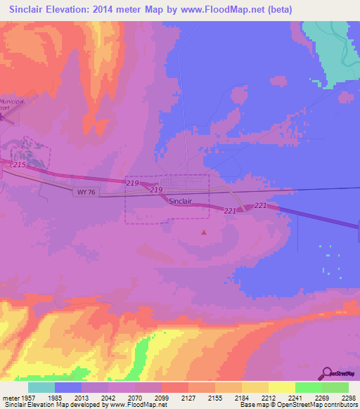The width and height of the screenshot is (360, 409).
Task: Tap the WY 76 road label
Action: tap(83, 191)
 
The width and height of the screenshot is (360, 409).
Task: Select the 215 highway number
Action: tap(19, 164)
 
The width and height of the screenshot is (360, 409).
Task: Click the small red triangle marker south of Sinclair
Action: tap(204, 232)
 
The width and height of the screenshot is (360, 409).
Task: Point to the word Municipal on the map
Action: tap(13, 102)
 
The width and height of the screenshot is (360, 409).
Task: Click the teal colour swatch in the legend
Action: tap(41, 387)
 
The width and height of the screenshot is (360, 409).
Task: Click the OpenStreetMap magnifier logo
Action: tap(326, 372)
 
